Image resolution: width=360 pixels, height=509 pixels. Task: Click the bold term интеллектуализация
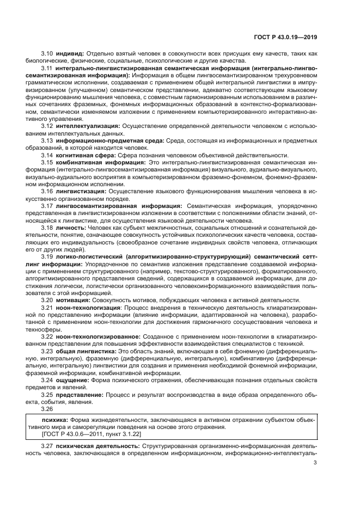click(x=88, y=126)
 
